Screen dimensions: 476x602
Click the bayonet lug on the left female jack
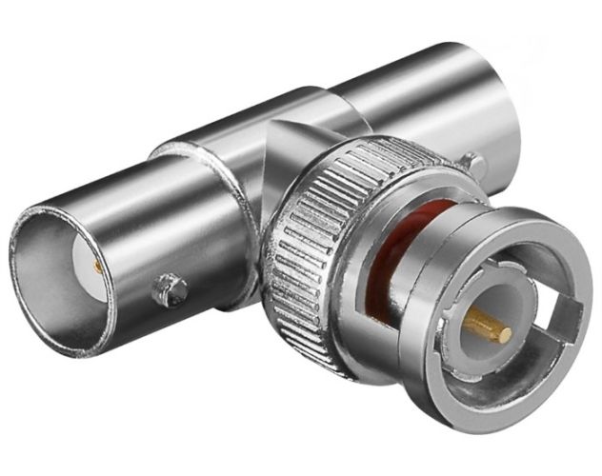point(171,288)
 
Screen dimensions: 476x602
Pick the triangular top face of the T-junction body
point(286,143)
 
